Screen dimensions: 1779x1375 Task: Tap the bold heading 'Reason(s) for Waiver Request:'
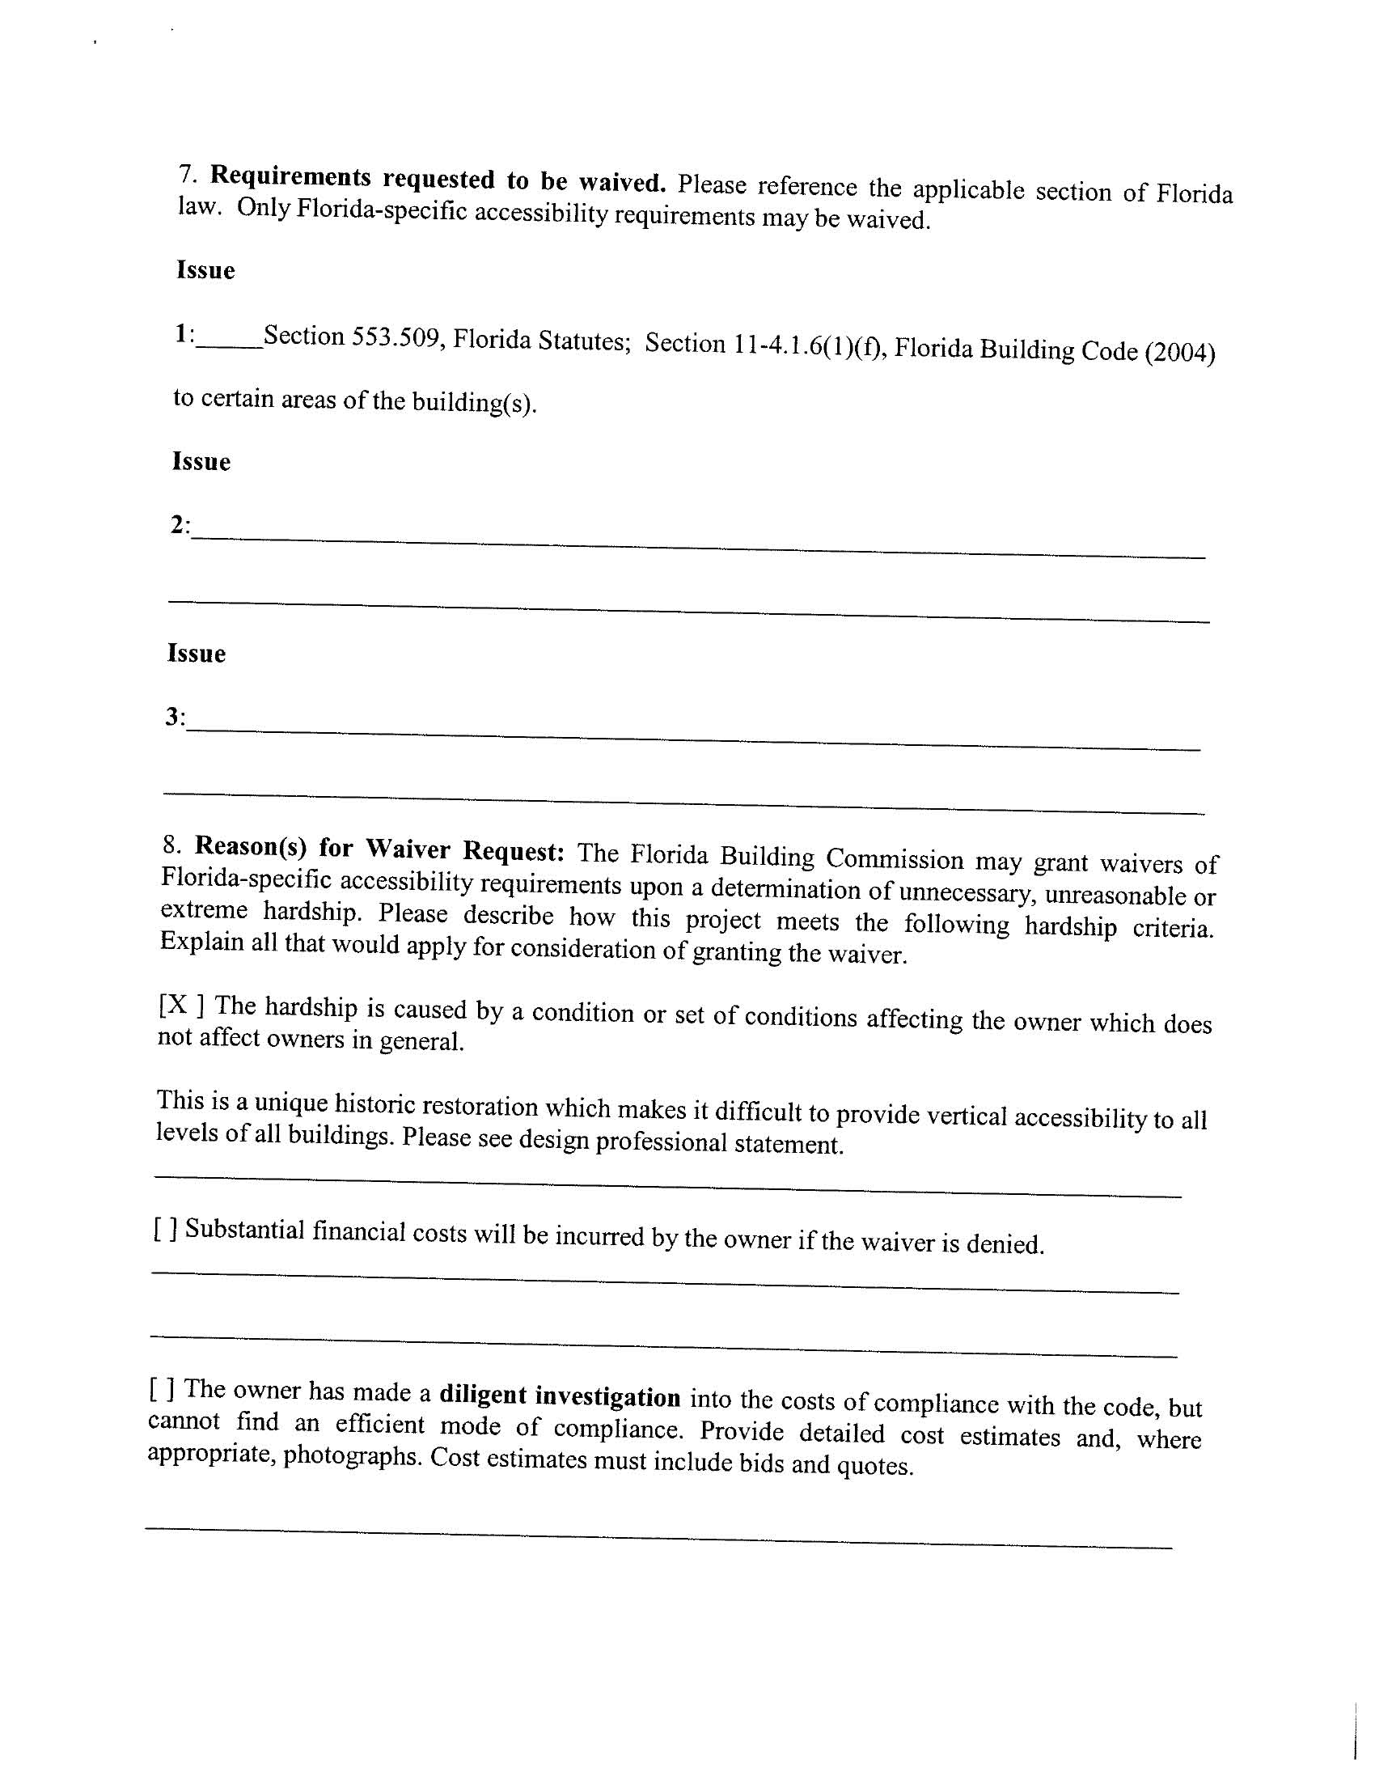379,849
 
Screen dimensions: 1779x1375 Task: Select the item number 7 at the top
188,173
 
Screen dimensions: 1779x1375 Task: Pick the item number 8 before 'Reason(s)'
171,845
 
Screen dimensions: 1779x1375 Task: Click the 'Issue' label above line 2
201,462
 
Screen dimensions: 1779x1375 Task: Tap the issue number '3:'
176,717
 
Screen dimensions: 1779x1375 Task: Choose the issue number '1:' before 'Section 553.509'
184,333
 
